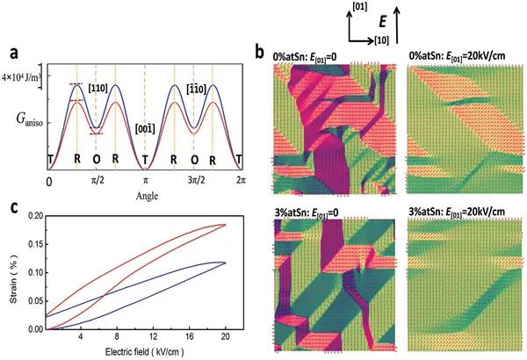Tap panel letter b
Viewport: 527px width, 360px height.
pos(259,52)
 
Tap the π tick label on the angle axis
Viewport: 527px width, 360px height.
pos(146,179)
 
